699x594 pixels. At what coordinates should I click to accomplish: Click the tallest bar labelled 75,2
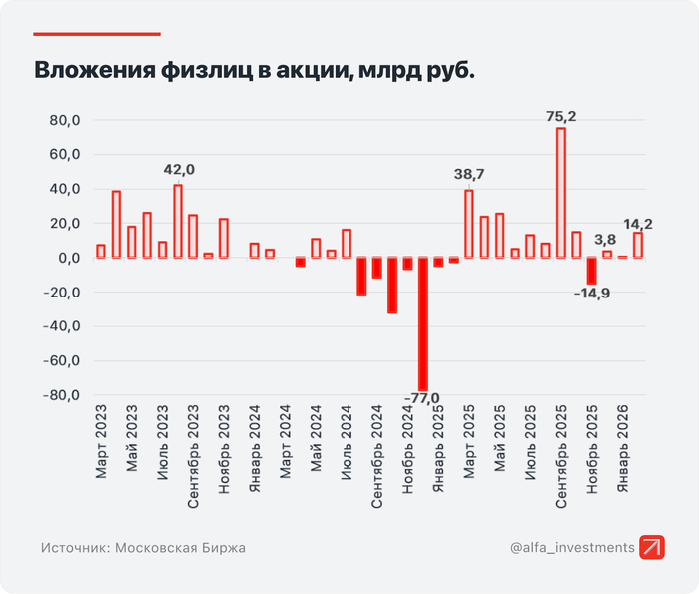click(x=561, y=193)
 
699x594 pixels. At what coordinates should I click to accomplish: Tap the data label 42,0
click(x=179, y=170)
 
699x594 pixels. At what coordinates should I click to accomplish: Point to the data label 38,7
click(x=469, y=175)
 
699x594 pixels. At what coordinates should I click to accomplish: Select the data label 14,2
click(x=639, y=223)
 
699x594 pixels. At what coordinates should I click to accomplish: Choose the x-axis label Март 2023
click(x=101, y=442)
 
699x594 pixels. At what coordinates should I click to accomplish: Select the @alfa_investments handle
click(x=572, y=547)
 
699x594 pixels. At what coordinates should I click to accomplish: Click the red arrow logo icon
click(x=653, y=547)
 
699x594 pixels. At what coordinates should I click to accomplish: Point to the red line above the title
click(x=97, y=33)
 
